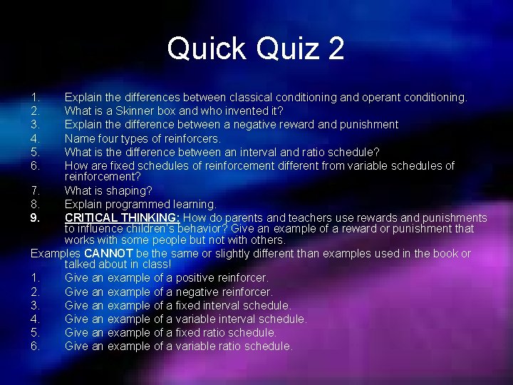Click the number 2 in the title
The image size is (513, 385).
click(x=336, y=48)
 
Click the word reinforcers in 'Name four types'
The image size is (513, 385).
click(x=190, y=138)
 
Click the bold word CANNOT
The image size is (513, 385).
click(x=107, y=254)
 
